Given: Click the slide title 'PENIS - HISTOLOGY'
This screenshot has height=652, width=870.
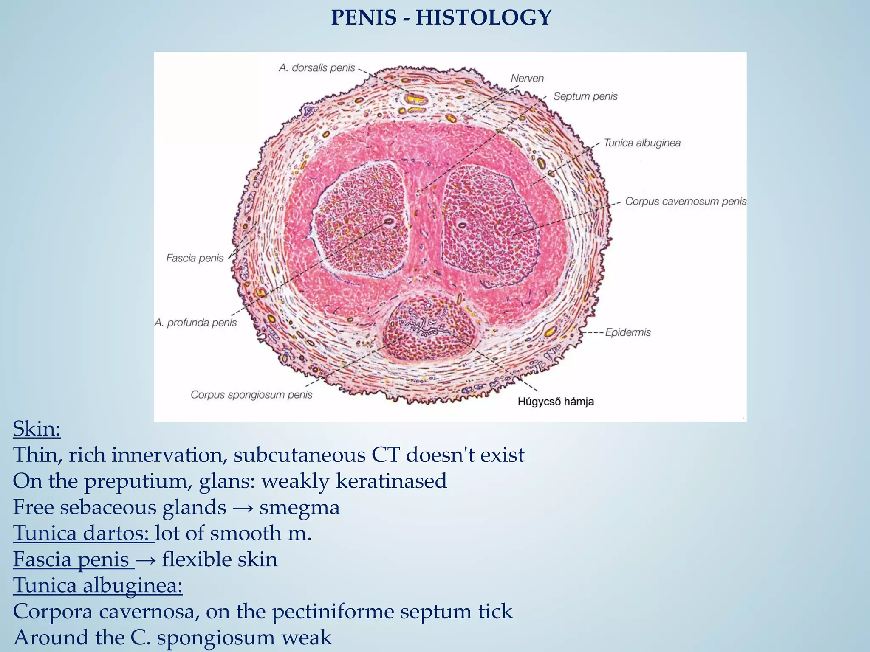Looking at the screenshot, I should (x=441, y=18).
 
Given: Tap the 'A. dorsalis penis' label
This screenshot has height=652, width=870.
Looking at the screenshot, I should (x=316, y=68).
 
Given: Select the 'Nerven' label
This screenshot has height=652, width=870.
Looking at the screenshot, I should (x=527, y=79).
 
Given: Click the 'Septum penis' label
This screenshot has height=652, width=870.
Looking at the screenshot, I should (x=585, y=97).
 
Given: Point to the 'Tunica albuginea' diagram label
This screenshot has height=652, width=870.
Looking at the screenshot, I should (x=642, y=143).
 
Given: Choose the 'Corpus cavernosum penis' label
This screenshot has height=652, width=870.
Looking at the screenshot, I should (x=685, y=202).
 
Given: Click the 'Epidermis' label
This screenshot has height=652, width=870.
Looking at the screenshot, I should (x=627, y=332).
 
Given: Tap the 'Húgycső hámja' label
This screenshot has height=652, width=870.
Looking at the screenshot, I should (x=555, y=402).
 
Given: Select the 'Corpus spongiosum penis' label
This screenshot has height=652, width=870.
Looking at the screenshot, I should (x=251, y=395).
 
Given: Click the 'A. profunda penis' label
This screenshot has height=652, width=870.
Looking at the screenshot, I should (x=195, y=323).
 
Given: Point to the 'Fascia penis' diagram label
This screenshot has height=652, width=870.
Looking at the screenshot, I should (x=195, y=258).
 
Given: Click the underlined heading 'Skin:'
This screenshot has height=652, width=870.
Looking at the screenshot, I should (x=37, y=429).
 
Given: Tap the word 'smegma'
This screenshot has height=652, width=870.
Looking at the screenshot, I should (x=299, y=507).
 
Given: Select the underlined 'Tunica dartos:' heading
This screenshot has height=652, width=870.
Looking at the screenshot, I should (x=84, y=533).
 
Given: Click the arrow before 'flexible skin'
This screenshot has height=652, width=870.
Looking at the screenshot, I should (x=147, y=559).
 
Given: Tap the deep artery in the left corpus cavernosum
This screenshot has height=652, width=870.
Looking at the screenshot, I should (x=388, y=222).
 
